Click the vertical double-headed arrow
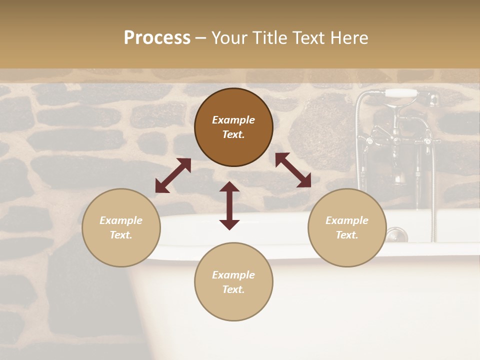229,205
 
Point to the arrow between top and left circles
173,175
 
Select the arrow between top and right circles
293,170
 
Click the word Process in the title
157,38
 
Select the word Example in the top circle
233,120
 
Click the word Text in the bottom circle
233,289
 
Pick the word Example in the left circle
121,220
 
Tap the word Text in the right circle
347,235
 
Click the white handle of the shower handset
401,93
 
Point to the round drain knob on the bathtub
396,234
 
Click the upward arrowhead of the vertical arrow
229,187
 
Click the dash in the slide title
201,38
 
